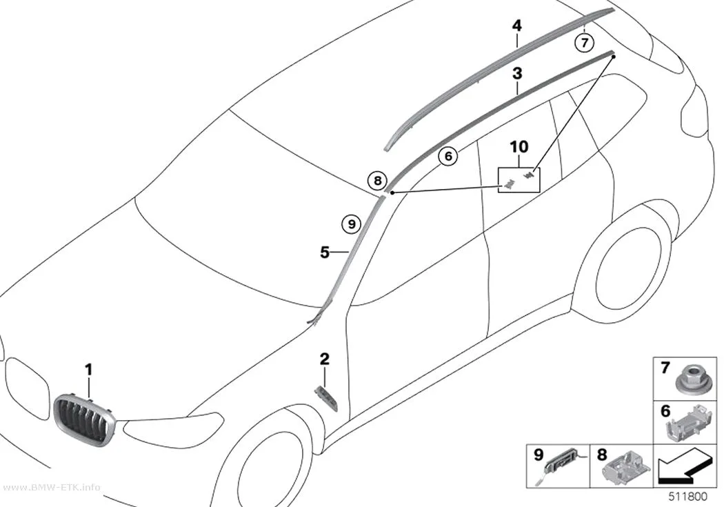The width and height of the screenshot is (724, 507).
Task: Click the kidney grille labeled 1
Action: click(x=84, y=421)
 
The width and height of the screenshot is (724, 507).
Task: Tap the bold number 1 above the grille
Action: click(x=88, y=370)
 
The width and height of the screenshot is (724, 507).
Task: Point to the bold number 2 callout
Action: click(x=325, y=359)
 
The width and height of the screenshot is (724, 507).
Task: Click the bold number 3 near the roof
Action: click(x=518, y=73)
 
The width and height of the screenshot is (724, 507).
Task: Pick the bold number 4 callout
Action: click(x=517, y=26)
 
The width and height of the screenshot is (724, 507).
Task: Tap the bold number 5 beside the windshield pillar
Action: click(x=325, y=252)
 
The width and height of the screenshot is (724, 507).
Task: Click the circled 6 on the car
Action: click(x=448, y=156)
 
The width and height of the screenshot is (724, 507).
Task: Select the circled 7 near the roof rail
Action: click(x=585, y=43)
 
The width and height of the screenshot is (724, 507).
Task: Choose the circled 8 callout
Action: click(x=378, y=181)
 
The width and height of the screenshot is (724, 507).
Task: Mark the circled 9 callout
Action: click(x=352, y=224)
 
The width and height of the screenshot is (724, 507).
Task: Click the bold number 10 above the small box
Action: click(x=519, y=147)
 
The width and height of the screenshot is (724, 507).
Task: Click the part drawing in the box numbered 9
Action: click(x=562, y=464)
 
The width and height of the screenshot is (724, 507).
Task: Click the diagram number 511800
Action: click(x=688, y=497)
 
